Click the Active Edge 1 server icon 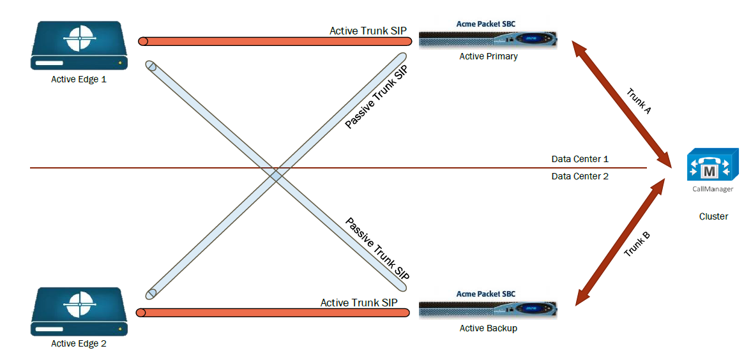coord(79,45)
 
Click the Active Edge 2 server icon coord(79,311)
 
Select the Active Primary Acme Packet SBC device coord(488,40)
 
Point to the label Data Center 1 coord(580,159)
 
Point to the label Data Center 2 coord(580,176)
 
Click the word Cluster coord(713,216)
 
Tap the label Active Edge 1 coord(79,80)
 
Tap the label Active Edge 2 coord(79,344)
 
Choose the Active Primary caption coord(488,57)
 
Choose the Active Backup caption coord(488,328)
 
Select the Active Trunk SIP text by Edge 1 coord(368,31)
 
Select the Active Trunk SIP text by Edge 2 coord(359,303)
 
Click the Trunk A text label coord(639,101)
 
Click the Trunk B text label coord(637,244)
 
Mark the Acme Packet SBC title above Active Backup coord(486,294)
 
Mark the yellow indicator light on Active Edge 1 coord(119,63)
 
